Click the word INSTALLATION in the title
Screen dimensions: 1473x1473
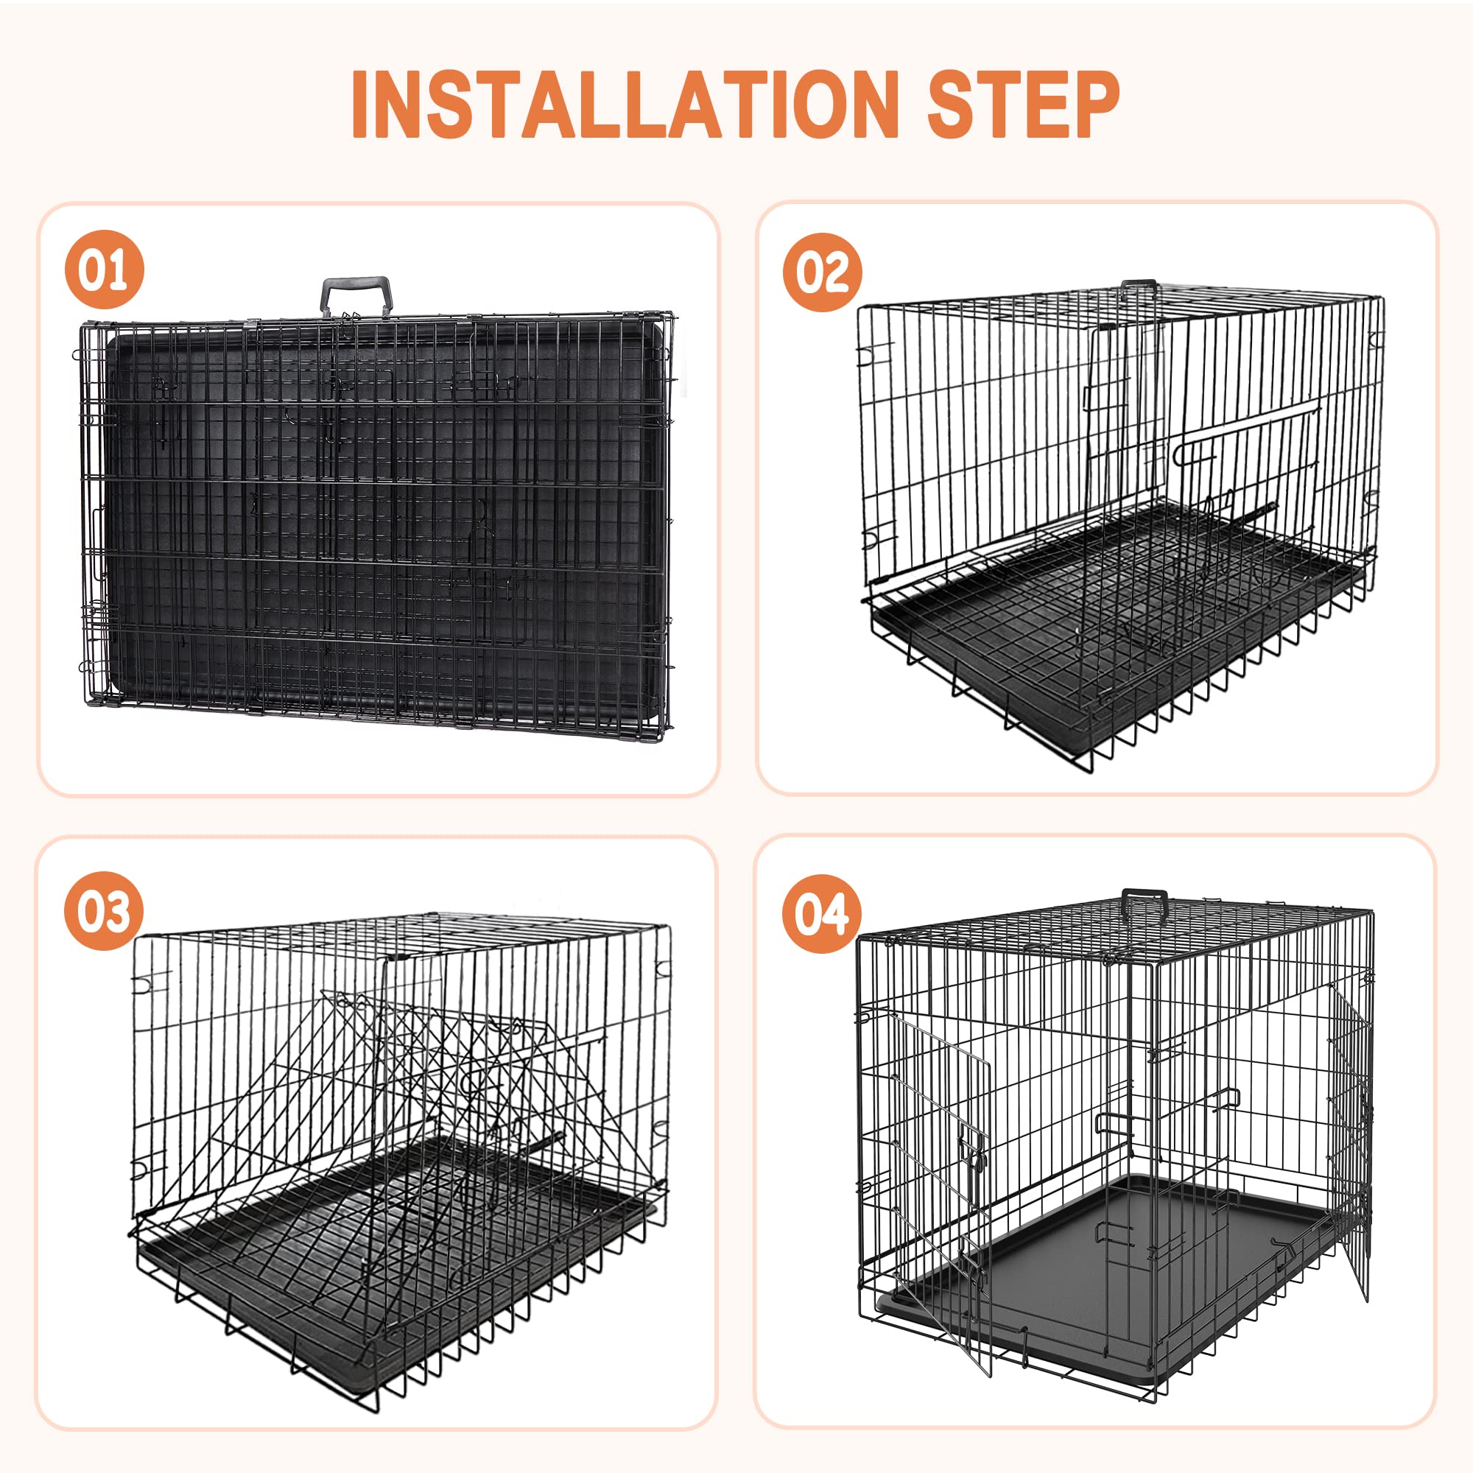click(625, 105)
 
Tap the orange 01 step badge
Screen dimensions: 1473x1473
click(105, 270)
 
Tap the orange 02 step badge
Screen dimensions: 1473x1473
click(822, 273)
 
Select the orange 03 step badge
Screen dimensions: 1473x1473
click(104, 911)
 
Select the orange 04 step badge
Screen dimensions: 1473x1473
click(821, 913)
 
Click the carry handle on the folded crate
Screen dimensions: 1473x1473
click(356, 294)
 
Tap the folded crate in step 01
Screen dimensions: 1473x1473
click(373, 518)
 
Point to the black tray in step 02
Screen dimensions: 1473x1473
click(991, 648)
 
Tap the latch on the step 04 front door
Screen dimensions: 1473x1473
click(976, 1160)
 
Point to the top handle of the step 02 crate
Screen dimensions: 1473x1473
click(1139, 285)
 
